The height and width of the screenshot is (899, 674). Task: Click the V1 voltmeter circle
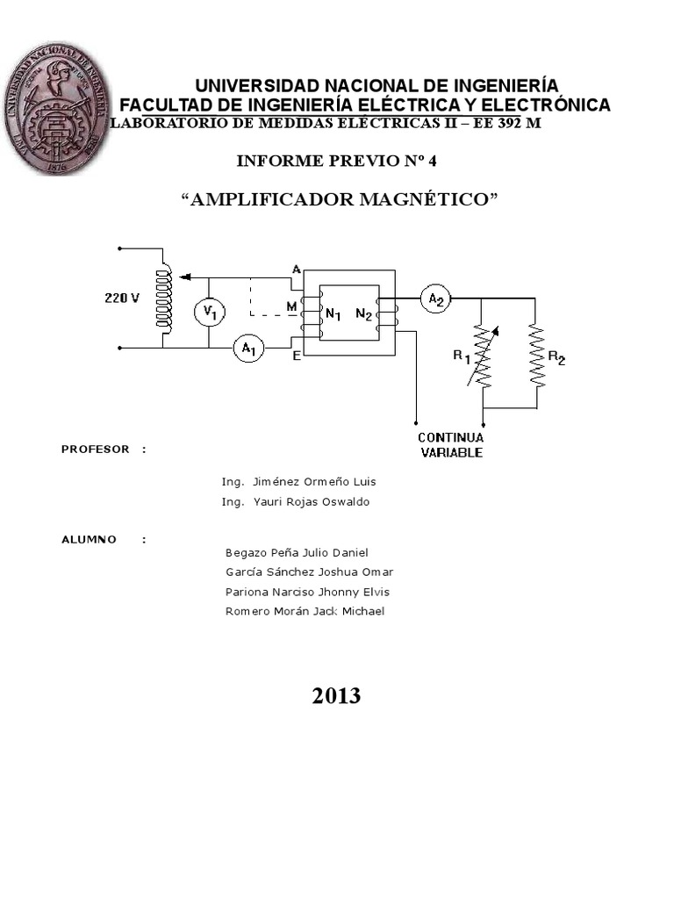208,312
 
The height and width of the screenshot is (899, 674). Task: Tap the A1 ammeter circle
248,349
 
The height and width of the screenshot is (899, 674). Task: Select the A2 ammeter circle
436,299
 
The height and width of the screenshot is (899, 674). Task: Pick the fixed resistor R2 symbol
536,355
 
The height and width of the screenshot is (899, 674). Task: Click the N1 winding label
333,313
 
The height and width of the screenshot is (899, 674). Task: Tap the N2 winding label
364,313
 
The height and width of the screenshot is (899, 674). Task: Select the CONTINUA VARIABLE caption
450,445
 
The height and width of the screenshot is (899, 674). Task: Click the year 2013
336,696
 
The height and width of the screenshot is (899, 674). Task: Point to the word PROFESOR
96,449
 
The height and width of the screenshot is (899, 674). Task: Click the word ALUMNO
89,539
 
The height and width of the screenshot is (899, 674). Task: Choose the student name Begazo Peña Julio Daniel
297,552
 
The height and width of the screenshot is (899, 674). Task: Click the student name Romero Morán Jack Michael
305,611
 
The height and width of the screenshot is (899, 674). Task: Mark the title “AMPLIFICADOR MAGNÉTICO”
339,199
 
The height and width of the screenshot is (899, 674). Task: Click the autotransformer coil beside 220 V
162,298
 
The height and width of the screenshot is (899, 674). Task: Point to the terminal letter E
297,355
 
